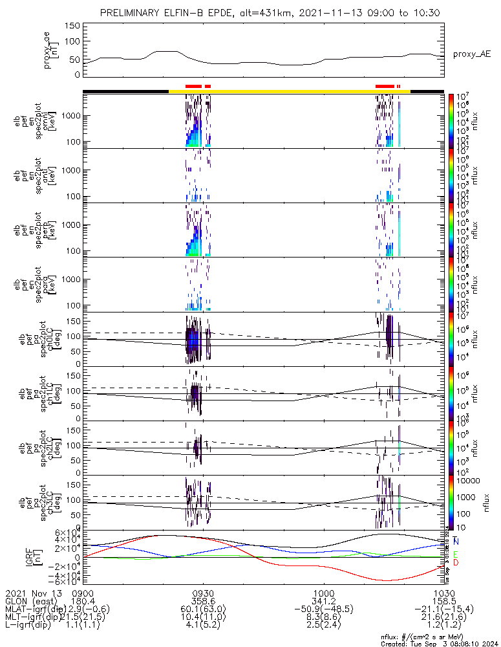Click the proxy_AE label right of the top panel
[x=471, y=54]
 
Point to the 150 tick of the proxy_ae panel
[x=72, y=26]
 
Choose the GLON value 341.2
[x=323, y=602]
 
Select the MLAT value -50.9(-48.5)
[x=323, y=610]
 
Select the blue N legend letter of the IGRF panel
[x=456, y=541]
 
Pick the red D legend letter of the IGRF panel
[x=456, y=562]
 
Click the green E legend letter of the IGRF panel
[x=456, y=554]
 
